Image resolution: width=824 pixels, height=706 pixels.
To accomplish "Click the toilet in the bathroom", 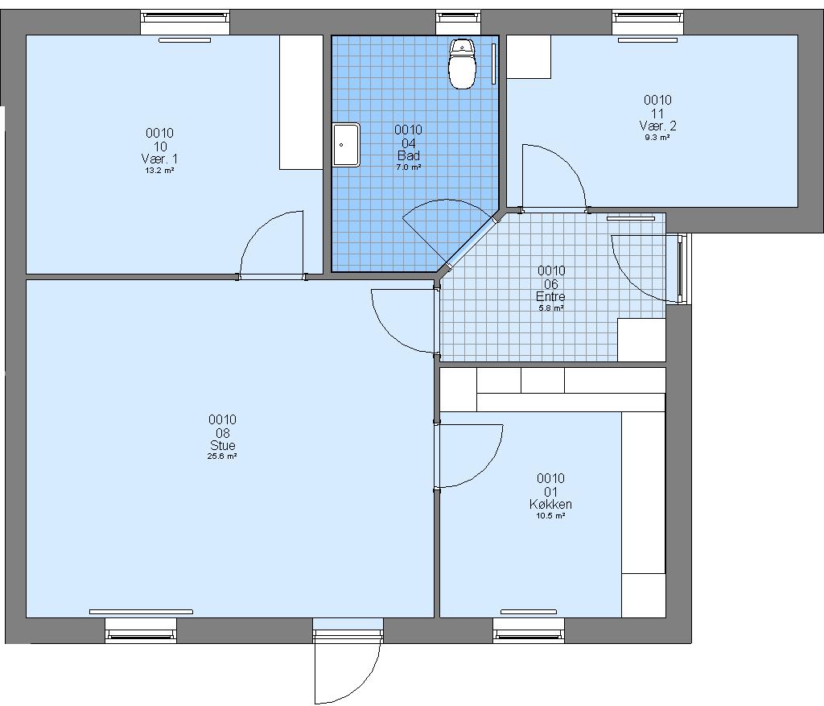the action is (x=462, y=64).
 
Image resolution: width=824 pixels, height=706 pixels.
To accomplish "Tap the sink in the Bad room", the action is (x=346, y=145).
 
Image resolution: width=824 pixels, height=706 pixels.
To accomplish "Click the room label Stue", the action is (x=222, y=444).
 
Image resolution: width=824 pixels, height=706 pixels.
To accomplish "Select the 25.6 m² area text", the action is (x=222, y=456).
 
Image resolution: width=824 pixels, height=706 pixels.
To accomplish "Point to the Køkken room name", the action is (x=550, y=504).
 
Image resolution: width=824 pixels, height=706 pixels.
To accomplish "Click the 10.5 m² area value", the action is (x=550, y=516).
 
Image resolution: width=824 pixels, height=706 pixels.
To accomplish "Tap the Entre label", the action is (x=550, y=296).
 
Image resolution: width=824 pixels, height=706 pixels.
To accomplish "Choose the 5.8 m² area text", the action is (x=551, y=308).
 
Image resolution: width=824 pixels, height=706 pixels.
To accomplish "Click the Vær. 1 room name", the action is (x=160, y=159).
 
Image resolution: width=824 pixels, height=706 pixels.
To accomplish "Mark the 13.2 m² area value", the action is (x=160, y=171).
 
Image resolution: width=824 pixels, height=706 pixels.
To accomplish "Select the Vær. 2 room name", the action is (x=658, y=126).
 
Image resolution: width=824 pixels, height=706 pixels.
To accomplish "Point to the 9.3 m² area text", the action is (x=657, y=138).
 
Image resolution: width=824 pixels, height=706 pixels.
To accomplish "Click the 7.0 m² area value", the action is (x=408, y=167).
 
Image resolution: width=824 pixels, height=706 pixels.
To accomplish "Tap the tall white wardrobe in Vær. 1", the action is (x=301, y=102).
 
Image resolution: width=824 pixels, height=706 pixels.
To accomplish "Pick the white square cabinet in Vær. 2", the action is (x=529, y=57).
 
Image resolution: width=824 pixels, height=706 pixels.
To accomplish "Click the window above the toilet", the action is (x=459, y=18).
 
